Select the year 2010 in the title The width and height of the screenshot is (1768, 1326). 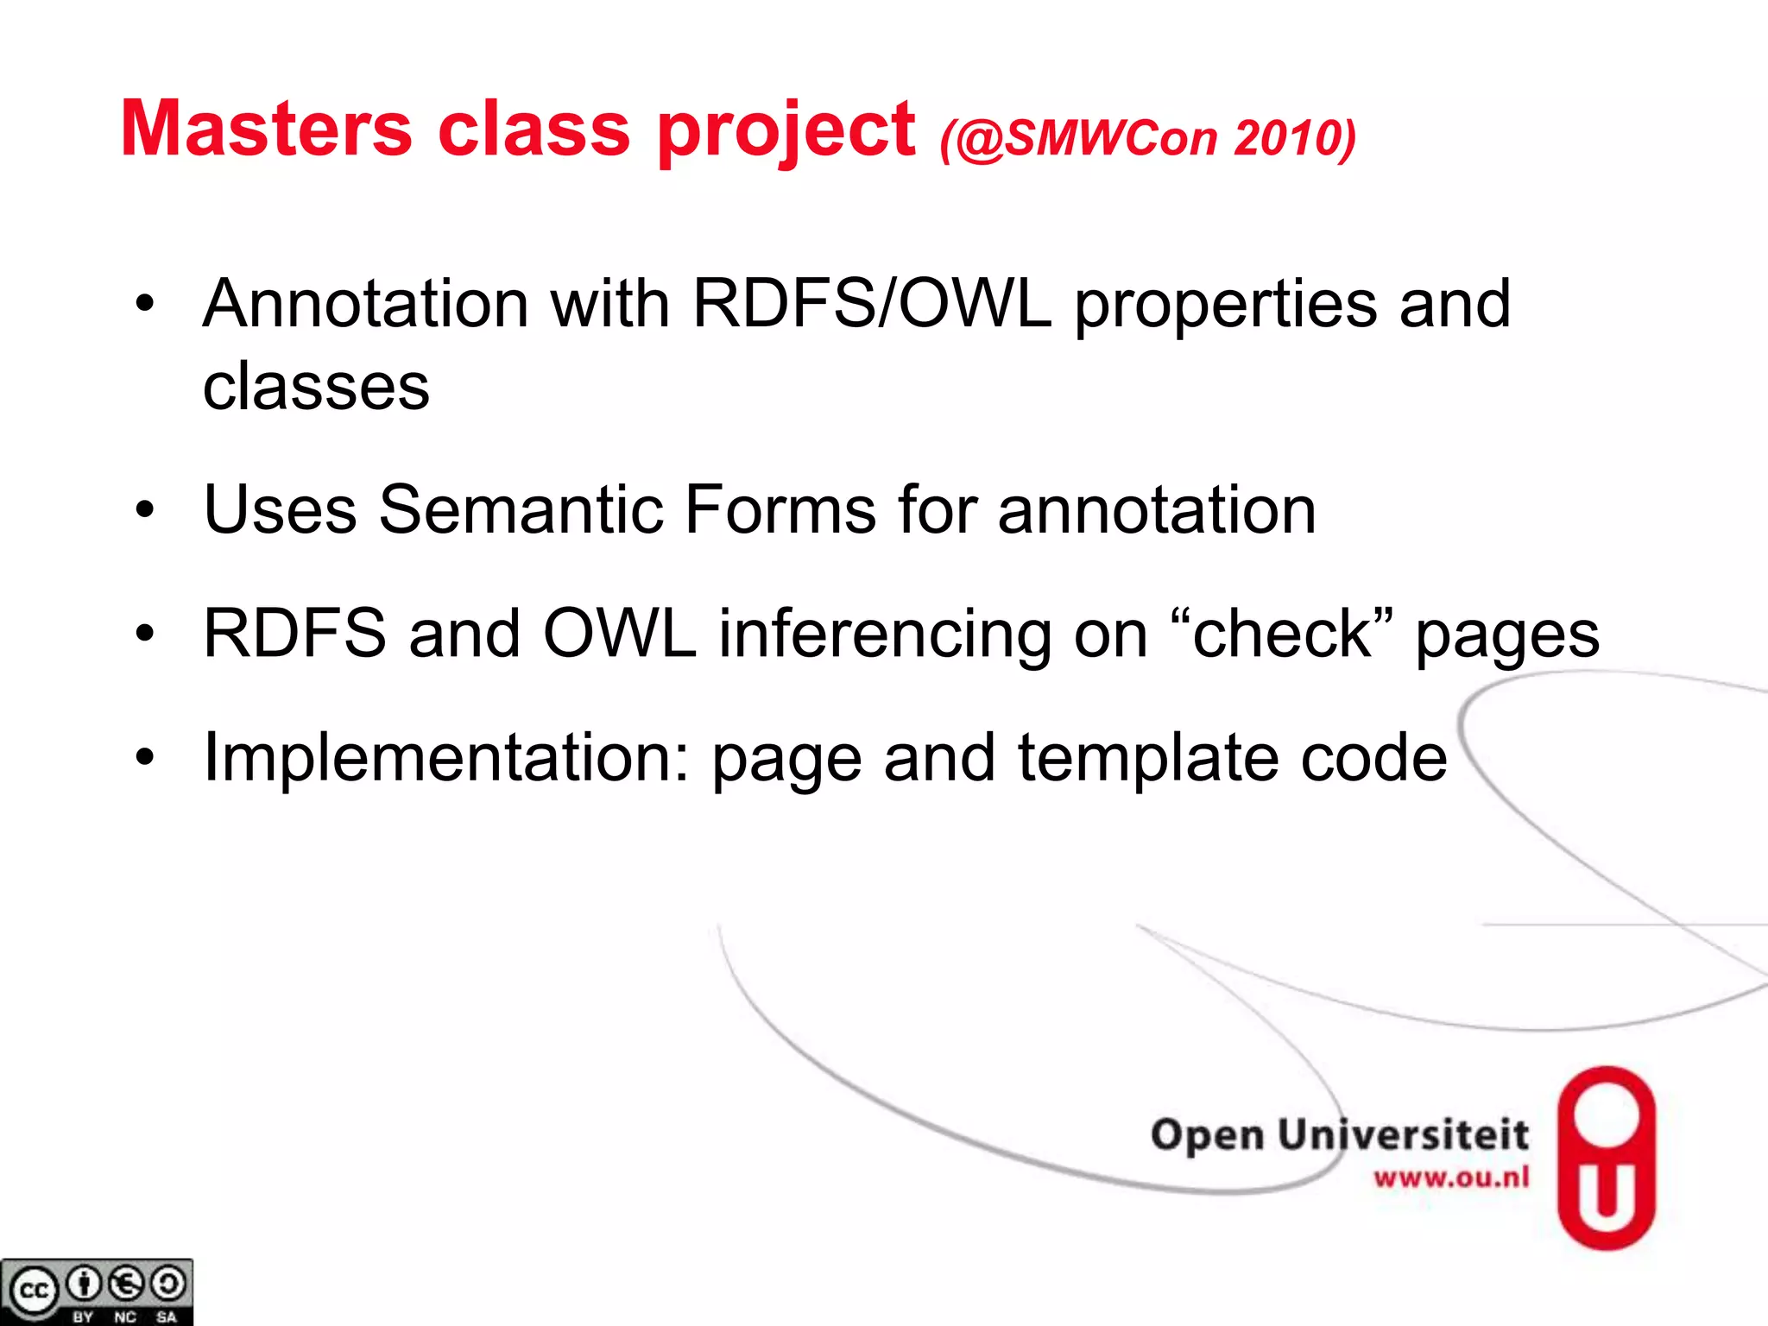click(1293, 138)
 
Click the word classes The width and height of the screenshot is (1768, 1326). click(316, 386)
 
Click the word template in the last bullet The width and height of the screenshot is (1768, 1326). click(1148, 758)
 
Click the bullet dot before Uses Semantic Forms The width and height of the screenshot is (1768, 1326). click(145, 510)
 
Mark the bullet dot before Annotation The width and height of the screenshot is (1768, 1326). click(145, 304)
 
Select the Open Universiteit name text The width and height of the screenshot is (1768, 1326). click(1339, 1133)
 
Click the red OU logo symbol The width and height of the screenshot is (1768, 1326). click(1606, 1157)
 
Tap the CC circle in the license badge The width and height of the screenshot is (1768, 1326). click(35, 1291)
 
